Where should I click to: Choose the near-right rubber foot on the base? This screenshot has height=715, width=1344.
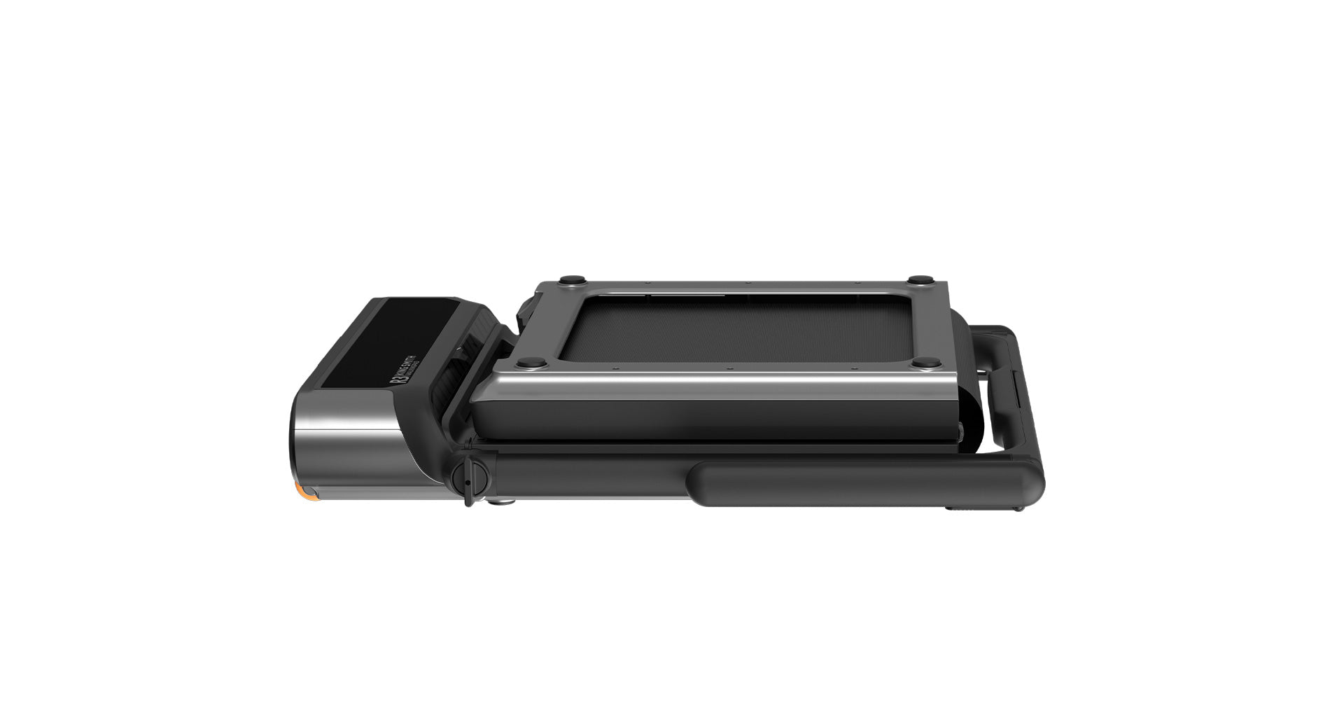coord(927,363)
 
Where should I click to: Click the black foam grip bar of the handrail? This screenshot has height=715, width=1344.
coord(861,483)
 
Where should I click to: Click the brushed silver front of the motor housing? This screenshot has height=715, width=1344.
coord(343,441)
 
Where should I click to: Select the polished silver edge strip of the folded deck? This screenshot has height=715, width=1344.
coord(714,384)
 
